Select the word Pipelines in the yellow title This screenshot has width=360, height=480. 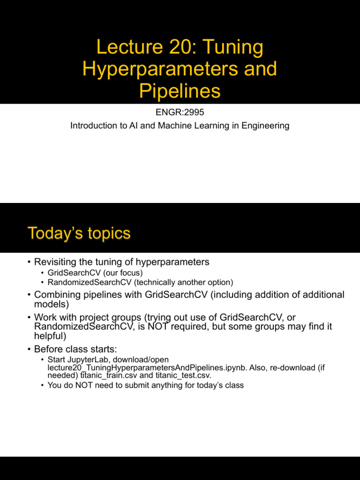coord(180,91)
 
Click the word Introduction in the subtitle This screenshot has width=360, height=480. coord(92,126)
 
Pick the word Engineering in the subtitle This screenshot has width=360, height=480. coord(266,126)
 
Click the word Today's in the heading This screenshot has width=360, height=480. coord(53,233)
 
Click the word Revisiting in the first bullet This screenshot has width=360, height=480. coord(55,262)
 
